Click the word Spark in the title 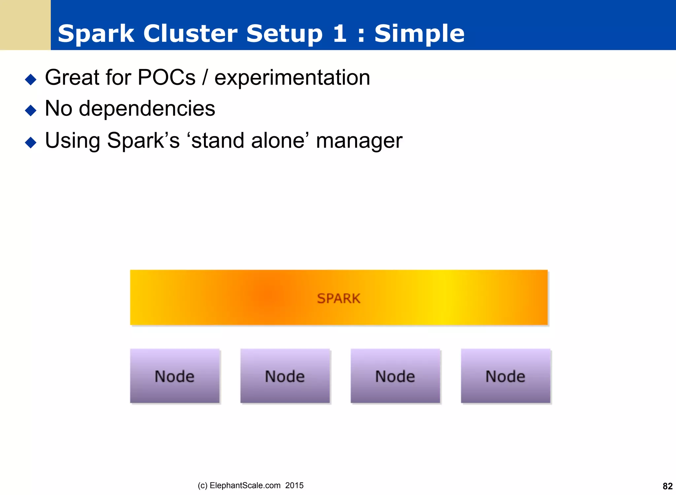tap(96, 34)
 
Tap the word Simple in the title tap(419, 34)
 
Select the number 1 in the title tap(339, 34)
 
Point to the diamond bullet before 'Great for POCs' tap(31, 79)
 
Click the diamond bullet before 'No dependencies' tap(31, 110)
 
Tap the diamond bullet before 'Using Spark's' tap(31, 142)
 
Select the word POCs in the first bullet tap(166, 78)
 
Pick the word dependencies tap(147, 109)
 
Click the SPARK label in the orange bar tap(339, 299)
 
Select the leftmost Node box tap(175, 376)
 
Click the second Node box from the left tap(285, 376)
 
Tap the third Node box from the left tap(395, 376)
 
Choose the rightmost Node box tap(505, 376)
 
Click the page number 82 tap(667, 486)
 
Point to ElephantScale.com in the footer tap(245, 485)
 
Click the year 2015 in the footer tap(294, 485)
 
